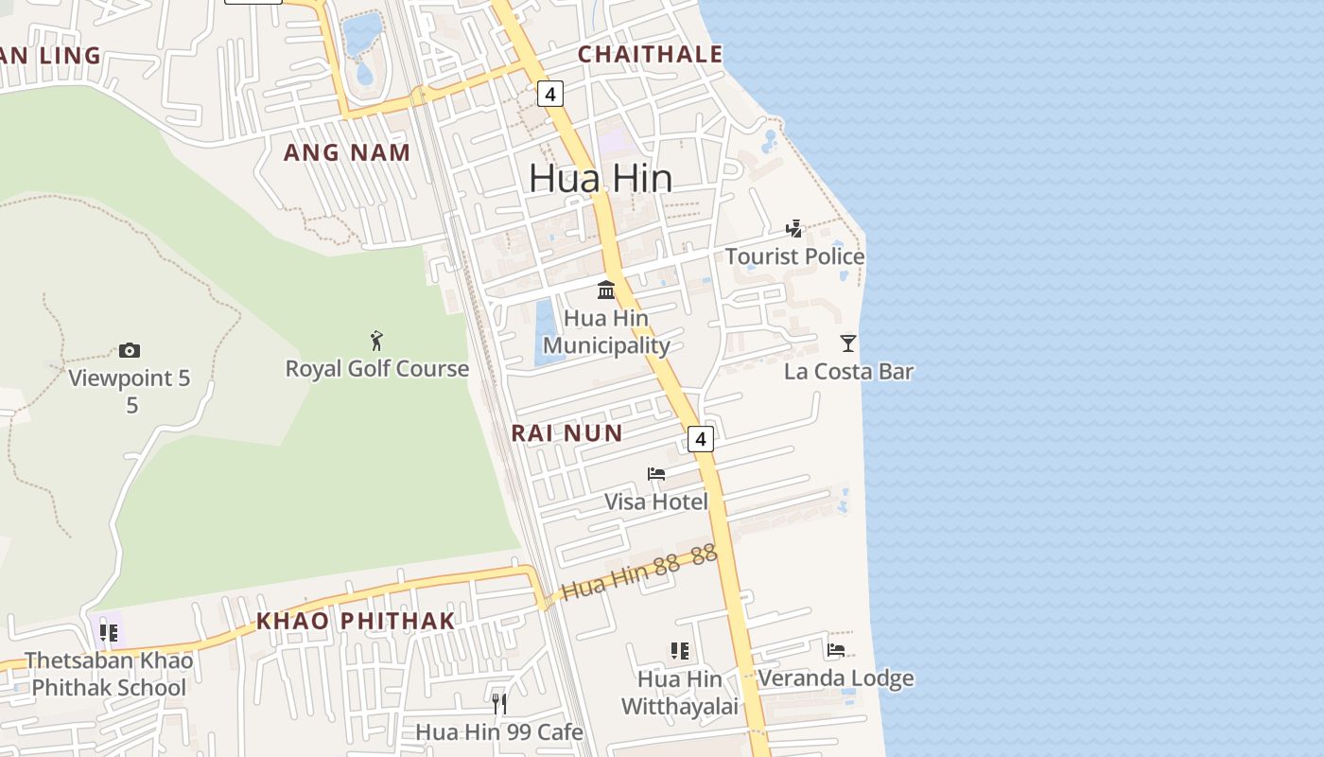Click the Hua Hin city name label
601,179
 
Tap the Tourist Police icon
794,229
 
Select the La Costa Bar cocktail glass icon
848,343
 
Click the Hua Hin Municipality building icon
606,290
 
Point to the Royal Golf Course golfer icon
377,341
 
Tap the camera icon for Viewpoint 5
130,351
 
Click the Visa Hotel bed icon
656,474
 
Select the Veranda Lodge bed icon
836,650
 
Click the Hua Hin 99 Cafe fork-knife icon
499,704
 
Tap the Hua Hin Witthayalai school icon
679,651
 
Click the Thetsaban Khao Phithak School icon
109,632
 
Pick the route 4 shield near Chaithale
550,94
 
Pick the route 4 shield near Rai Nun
699,439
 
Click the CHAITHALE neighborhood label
650,55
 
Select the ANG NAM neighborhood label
347,152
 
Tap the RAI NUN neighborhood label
566,433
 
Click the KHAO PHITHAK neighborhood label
356,622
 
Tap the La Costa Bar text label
848,371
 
